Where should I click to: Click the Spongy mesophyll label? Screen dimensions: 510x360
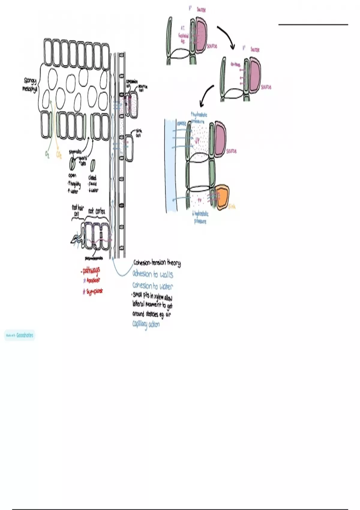point(30,85)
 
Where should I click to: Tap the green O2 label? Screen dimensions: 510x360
point(47,154)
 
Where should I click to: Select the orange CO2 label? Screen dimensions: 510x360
point(59,155)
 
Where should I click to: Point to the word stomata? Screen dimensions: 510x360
point(75,152)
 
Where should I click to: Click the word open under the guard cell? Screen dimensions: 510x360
point(72,175)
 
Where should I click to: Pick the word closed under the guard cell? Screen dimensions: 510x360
point(92,178)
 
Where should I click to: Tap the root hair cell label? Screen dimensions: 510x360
point(78,210)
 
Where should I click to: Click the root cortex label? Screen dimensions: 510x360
point(97,211)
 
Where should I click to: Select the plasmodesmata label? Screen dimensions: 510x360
point(94,258)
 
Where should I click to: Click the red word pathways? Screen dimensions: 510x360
point(91,271)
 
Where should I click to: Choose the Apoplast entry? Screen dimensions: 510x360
point(93,280)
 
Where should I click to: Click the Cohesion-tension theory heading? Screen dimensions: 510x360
point(157,263)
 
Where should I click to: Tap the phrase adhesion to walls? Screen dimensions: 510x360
point(153,274)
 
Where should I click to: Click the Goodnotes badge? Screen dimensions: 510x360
point(20,335)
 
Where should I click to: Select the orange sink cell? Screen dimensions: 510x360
point(223,197)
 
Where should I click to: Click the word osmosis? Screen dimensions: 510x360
point(181,123)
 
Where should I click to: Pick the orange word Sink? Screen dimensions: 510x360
point(232,206)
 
